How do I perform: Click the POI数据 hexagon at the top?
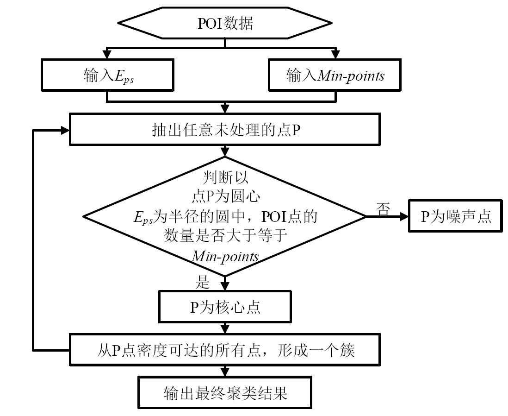225,23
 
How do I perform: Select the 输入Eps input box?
107,75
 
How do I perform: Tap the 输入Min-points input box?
335,75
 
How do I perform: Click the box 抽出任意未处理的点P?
225,129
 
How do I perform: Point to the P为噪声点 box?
456,216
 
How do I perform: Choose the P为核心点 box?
225,307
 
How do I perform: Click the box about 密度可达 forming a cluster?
225,350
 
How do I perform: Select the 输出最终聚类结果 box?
225,392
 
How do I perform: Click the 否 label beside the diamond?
383,209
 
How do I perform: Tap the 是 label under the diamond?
203,282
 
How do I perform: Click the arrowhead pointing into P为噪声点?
404,216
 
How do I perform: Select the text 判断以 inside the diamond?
225,177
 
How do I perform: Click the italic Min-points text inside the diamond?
225,256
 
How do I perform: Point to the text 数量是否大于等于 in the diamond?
225,235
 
